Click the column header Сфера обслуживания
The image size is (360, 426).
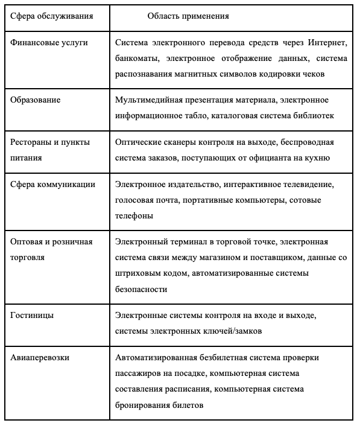point(51,16)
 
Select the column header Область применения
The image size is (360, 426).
point(188,16)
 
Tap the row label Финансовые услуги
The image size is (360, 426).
point(49,43)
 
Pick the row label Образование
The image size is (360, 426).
point(36,100)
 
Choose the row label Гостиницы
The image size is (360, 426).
point(32,315)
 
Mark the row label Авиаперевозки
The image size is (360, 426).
point(40,357)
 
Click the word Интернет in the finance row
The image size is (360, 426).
point(327,43)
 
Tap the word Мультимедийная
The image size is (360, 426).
point(148,100)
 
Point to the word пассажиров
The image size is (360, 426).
point(139,373)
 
